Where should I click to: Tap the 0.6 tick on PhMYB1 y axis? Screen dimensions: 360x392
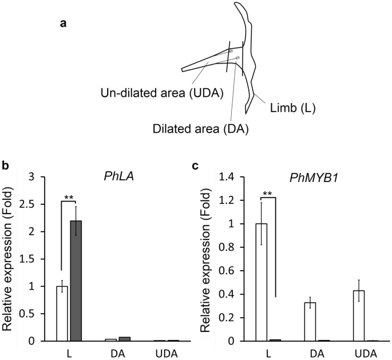click(x=228, y=271)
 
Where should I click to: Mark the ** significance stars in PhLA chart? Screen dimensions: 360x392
click(x=69, y=197)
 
